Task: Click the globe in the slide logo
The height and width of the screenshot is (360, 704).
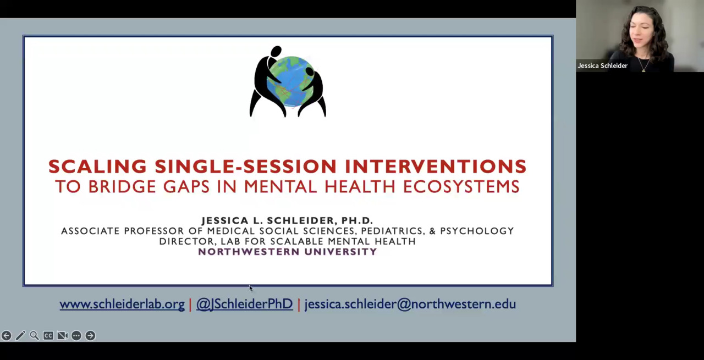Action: coord(290,82)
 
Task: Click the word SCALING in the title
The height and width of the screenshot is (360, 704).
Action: coord(97,166)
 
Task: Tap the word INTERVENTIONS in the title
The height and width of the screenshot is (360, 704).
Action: coord(436,166)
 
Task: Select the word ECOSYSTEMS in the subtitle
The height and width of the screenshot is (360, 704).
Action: coord(461,187)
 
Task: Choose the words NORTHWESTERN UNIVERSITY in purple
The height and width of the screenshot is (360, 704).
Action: coord(288,252)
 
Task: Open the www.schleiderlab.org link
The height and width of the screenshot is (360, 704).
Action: coord(122,304)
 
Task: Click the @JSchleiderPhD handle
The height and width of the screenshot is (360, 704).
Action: coord(245,304)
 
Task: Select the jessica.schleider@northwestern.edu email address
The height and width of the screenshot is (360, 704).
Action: coord(410,304)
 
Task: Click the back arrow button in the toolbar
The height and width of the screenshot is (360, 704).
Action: coord(6,335)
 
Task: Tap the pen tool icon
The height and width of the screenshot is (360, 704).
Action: coord(20,335)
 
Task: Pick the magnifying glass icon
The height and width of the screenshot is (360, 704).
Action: coord(34,335)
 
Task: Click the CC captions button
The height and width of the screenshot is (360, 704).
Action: coord(48,335)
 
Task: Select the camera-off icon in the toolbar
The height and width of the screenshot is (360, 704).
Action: coord(62,335)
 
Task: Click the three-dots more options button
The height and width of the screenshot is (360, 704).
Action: coord(76,335)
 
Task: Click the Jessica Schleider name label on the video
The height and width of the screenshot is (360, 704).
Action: coord(602,65)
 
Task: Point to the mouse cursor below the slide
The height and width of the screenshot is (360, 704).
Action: coord(251,289)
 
